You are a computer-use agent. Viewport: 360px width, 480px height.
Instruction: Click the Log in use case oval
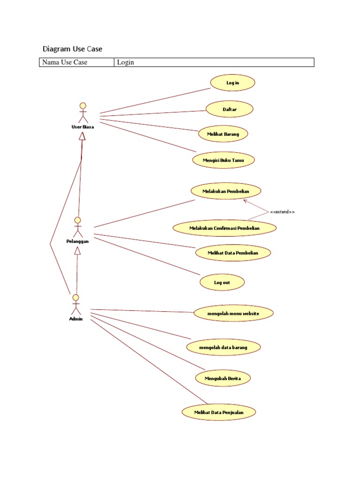[x=232, y=83]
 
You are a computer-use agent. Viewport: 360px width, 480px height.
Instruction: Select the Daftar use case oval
[x=230, y=109]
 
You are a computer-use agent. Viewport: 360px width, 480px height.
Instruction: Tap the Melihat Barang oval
[x=223, y=134]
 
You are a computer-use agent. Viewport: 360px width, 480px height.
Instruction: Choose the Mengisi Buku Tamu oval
[x=223, y=160]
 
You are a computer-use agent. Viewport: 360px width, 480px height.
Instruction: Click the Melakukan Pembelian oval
[x=225, y=191]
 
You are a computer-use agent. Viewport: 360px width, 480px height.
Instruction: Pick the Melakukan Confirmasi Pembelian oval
[x=225, y=228]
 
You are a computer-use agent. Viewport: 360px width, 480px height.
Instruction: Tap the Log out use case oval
[x=222, y=283]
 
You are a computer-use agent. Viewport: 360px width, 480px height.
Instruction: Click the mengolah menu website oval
[x=233, y=313]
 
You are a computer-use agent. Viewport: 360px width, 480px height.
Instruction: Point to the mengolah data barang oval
[x=223, y=347]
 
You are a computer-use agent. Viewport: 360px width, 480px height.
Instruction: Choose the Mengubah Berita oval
[x=223, y=378]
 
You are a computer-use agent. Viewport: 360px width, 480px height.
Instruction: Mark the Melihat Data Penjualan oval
[x=219, y=412]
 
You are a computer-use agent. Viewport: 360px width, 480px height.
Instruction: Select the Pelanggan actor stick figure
[x=78, y=227]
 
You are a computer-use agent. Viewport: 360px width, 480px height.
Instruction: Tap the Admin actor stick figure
[x=75, y=305]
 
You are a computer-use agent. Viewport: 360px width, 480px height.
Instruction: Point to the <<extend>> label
[x=282, y=212]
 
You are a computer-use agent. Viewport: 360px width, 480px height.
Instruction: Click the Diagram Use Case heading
[x=72, y=49]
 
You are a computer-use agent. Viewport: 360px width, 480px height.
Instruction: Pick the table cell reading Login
[x=214, y=62]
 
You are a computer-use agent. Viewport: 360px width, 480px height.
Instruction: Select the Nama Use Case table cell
[x=76, y=62]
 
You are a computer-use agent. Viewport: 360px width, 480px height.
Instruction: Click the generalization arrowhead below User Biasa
[x=82, y=136]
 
